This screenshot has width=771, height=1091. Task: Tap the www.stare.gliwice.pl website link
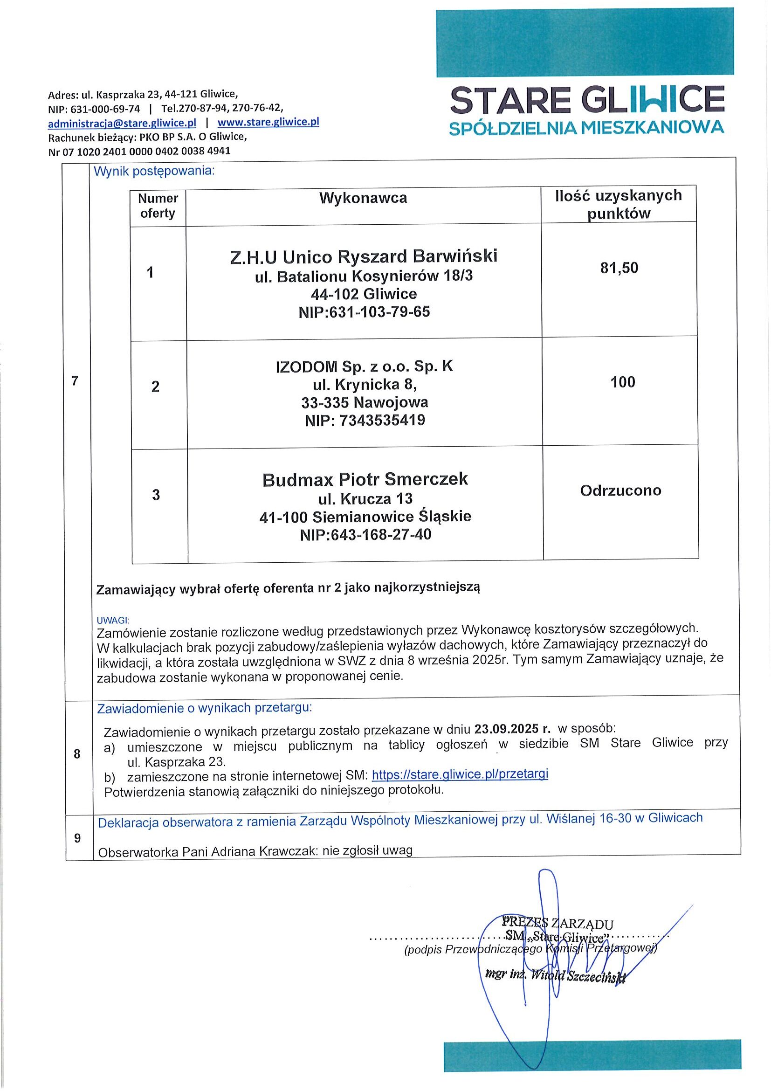point(268,122)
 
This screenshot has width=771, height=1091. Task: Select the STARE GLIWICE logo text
point(587,100)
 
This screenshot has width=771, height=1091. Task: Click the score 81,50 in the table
point(619,268)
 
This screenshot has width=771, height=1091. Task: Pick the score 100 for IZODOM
point(622,382)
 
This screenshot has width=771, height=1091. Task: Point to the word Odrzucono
point(620,490)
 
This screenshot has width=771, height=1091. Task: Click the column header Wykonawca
point(363,198)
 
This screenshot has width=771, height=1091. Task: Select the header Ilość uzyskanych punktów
point(619,204)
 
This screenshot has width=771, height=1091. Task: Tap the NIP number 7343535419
point(382,421)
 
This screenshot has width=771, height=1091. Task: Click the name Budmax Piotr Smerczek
point(365,479)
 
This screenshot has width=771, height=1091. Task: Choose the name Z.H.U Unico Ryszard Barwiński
point(364,256)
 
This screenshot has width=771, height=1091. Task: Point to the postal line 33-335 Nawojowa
point(365,402)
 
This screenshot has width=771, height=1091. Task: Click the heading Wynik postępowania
point(154,172)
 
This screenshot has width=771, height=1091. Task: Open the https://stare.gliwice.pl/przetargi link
point(460,774)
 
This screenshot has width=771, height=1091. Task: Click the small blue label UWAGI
point(113,620)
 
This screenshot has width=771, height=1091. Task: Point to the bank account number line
point(139,152)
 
